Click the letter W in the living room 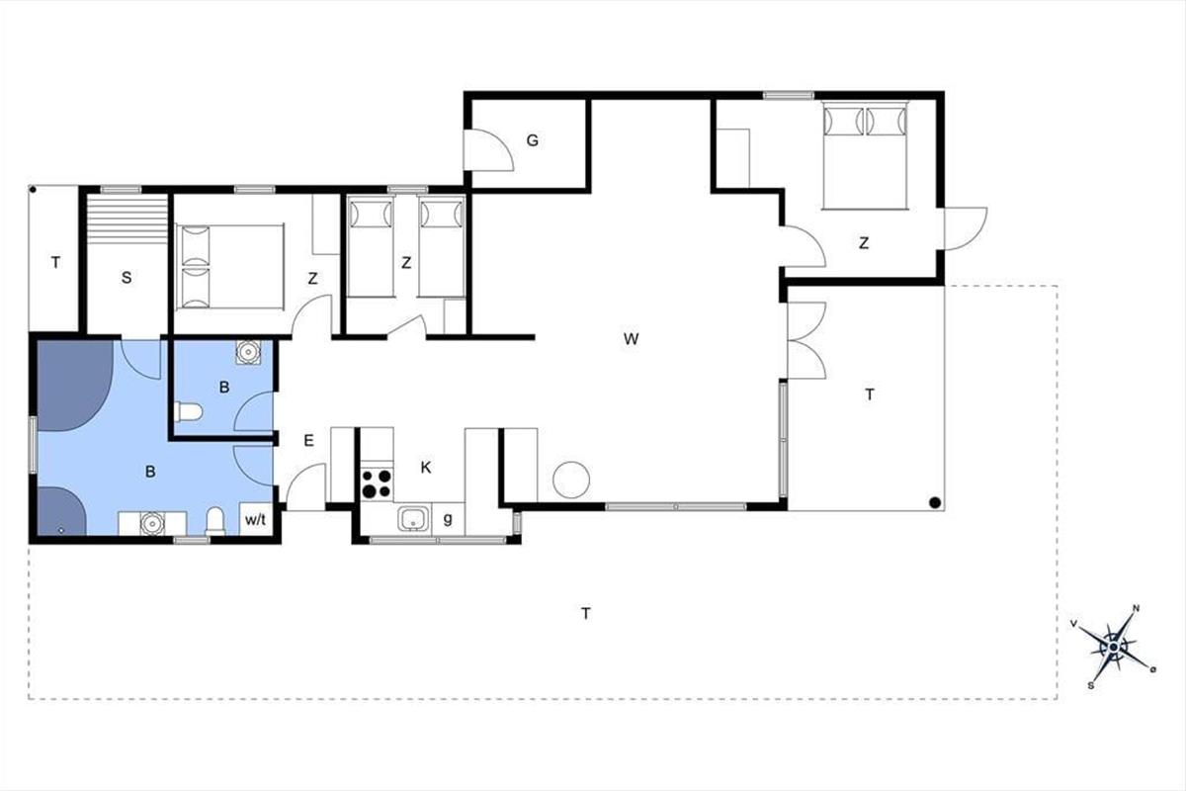631,338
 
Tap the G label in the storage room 533,140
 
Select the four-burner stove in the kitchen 377,483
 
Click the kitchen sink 413,518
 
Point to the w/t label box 256,518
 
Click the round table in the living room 571,480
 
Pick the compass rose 1115,647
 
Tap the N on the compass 1136,608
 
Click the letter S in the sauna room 127,278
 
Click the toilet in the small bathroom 189,411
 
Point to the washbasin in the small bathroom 248,351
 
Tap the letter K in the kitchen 426,468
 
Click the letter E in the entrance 308,440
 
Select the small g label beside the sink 448,519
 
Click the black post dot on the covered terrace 935,502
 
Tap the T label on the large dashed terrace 585,613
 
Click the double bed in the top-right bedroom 865,156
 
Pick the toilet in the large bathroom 215,521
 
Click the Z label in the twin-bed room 406,263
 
